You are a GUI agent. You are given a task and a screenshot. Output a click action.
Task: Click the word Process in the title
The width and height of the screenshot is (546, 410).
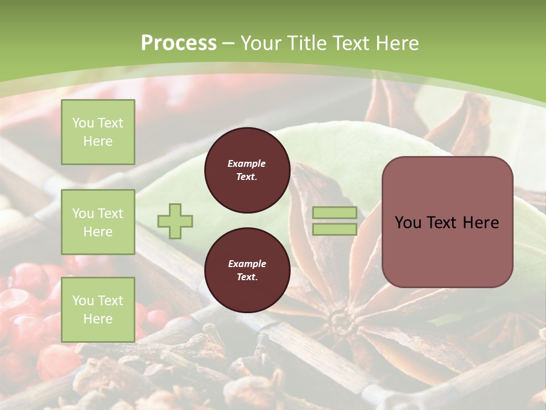(x=179, y=43)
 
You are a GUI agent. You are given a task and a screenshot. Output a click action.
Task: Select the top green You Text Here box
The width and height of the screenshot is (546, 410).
(x=98, y=132)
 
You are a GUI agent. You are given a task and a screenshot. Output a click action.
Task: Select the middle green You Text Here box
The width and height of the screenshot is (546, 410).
(x=98, y=222)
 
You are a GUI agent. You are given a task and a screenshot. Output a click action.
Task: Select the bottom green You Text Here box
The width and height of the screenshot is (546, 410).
(x=98, y=309)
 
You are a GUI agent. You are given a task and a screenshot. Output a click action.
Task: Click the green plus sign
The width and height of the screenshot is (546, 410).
(x=175, y=221)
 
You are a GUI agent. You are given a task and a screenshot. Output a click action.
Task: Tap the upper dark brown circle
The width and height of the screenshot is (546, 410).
(x=247, y=170)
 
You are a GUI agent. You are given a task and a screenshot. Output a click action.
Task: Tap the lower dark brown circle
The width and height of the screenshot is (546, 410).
(x=247, y=270)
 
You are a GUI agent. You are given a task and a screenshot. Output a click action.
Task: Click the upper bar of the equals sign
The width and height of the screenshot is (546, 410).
(x=334, y=213)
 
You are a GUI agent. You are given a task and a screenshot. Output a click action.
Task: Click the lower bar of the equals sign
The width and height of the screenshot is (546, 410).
(x=334, y=229)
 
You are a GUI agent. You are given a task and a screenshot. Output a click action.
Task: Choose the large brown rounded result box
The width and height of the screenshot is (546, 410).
(x=447, y=222)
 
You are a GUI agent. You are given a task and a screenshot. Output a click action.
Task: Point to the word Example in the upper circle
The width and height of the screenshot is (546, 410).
(x=247, y=163)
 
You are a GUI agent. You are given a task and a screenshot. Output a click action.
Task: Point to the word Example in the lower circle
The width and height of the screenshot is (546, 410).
(x=247, y=264)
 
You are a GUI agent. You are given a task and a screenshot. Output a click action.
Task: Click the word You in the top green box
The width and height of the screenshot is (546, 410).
(x=82, y=123)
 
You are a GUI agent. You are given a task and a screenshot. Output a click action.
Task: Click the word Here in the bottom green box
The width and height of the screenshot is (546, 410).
(x=98, y=319)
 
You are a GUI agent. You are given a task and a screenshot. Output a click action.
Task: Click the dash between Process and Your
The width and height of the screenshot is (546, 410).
(x=229, y=43)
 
